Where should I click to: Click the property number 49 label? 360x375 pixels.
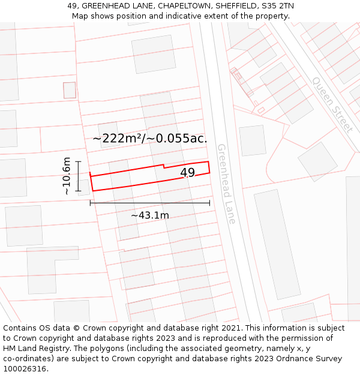[188, 173]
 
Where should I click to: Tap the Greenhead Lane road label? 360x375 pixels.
[226, 184]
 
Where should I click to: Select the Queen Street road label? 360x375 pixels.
[332, 104]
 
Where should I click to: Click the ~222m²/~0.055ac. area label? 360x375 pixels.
[150, 139]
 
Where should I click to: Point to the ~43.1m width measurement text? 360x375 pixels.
[150, 215]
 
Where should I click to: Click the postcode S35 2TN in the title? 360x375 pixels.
[277, 6]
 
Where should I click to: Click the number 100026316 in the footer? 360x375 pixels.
[26, 369]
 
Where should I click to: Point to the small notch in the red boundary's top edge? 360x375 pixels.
[164, 166]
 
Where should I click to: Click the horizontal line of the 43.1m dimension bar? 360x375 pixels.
[150, 203]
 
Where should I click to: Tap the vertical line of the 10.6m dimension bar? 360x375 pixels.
[78, 176]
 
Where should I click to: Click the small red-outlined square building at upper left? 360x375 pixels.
[70, 90]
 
